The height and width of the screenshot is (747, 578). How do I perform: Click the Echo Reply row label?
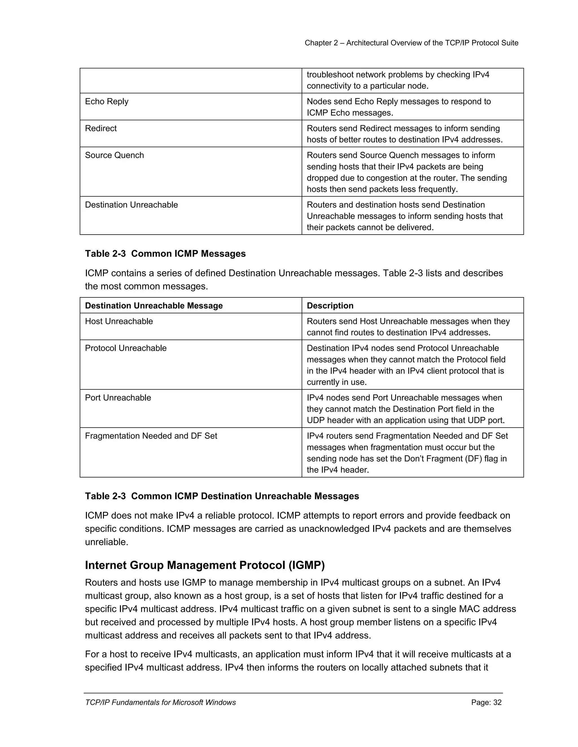click(x=106, y=101)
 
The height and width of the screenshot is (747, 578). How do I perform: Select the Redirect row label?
click(x=101, y=129)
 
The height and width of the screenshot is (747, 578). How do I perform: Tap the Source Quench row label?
click(x=114, y=156)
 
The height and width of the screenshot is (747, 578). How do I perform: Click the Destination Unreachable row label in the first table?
click(x=131, y=205)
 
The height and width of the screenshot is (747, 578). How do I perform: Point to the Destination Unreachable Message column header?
click(x=154, y=306)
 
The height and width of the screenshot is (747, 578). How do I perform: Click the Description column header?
click(x=330, y=306)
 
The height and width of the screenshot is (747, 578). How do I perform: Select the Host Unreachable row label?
click(x=119, y=322)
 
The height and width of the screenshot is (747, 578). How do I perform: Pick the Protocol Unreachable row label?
click(x=126, y=348)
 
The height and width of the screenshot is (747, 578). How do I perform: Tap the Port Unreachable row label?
click(x=118, y=398)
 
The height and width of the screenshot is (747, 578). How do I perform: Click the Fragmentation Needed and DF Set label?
click(x=151, y=436)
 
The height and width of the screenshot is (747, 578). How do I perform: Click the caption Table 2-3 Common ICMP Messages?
click(x=165, y=254)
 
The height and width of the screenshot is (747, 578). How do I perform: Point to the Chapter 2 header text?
click(x=411, y=43)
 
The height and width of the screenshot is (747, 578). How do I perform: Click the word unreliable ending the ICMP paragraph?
click(x=106, y=542)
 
